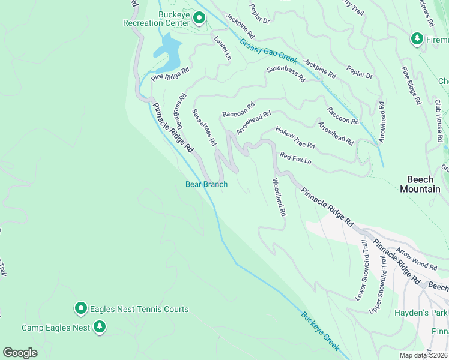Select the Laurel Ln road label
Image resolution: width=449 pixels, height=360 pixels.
(223, 47)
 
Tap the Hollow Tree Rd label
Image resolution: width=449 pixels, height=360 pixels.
(295, 137)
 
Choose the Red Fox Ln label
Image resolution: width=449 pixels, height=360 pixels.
(295, 158)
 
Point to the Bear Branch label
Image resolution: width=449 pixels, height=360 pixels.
(206, 184)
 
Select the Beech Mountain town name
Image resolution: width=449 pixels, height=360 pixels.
(423, 184)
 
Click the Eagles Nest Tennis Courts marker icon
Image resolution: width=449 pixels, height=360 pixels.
(81, 308)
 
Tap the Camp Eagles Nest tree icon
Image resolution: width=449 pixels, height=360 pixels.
(100, 327)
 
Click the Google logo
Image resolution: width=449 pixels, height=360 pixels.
(20, 353)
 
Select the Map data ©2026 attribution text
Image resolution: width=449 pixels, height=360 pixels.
(424, 355)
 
